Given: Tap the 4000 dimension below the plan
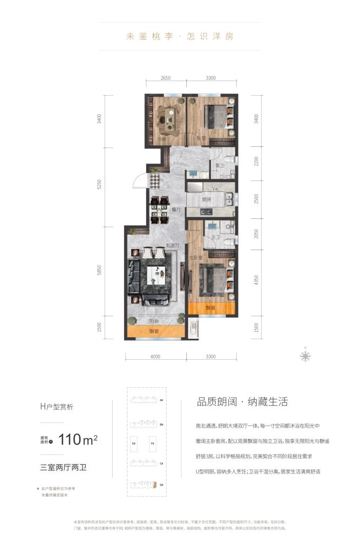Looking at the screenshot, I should click(x=155, y=356).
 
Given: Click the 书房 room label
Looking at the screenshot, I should click(x=162, y=140).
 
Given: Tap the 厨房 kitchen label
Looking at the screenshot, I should click(x=207, y=199).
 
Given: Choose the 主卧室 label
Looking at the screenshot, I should click(x=195, y=257).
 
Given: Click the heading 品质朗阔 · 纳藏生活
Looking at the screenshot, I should click(x=242, y=402).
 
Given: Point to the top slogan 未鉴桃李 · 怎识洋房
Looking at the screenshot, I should click(x=180, y=37).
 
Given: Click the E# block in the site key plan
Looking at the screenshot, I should click(x=134, y=443).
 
